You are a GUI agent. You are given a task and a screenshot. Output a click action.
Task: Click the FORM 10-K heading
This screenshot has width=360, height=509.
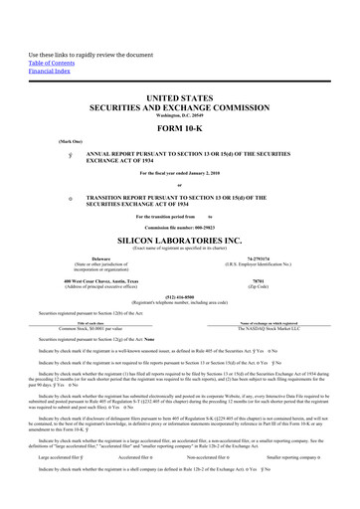coord(179,129)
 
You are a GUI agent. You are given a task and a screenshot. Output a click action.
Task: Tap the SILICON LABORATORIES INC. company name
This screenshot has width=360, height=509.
coord(179,241)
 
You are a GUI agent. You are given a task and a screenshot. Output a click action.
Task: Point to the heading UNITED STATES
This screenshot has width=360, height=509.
coord(179,99)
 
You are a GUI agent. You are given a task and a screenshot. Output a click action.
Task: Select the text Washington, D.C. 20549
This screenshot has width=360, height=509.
coord(179,117)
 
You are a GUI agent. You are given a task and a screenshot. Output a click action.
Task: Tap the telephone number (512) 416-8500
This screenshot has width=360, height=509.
coord(179,296)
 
